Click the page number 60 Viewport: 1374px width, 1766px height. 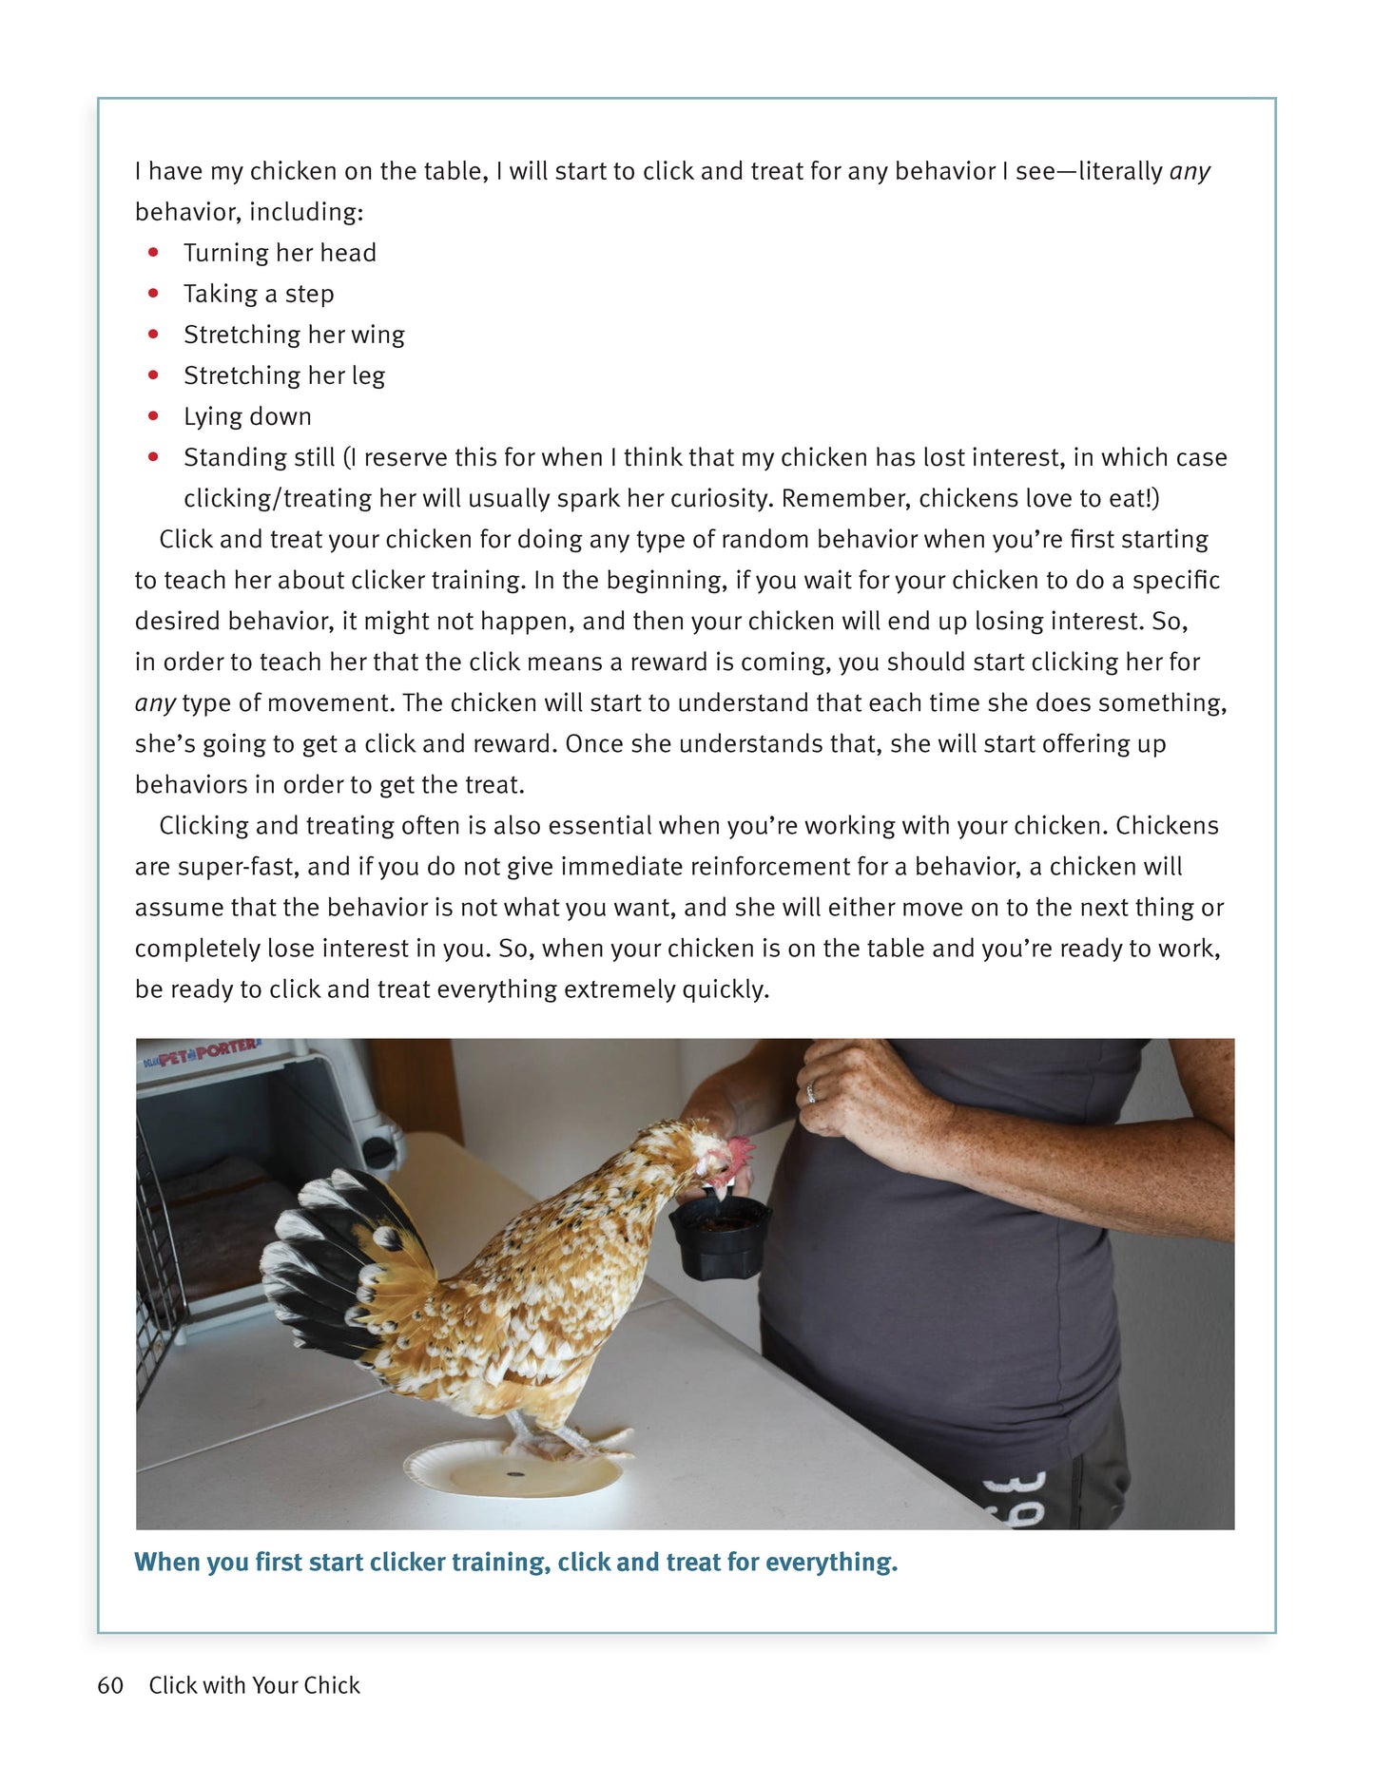(110, 1685)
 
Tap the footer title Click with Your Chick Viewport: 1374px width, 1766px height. (254, 1685)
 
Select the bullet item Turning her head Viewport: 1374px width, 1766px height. (280, 253)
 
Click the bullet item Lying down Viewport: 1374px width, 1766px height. (247, 416)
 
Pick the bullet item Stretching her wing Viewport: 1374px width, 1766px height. (294, 335)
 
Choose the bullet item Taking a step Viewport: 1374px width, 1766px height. (259, 294)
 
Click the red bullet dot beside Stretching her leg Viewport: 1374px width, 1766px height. (153, 375)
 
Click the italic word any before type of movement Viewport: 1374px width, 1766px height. (154, 703)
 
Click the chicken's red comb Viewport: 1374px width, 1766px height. (740, 1153)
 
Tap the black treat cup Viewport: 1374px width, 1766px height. (720, 1236)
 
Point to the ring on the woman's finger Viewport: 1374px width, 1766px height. (810, 1093)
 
